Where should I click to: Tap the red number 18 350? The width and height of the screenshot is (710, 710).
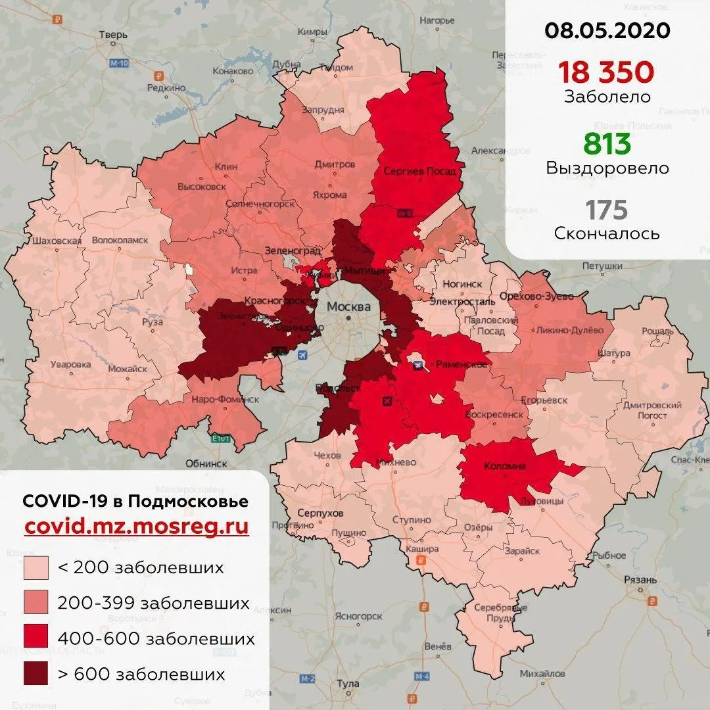tap(607, 71)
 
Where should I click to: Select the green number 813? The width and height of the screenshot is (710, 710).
tap(607, 143)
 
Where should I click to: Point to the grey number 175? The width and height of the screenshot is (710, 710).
tap(607, 210)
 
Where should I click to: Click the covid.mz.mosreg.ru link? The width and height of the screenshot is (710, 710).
tap(136, 527)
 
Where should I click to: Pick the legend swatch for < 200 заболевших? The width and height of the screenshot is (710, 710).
tap(35, 567)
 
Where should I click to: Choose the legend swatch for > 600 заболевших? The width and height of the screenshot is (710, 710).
tap(35, 674)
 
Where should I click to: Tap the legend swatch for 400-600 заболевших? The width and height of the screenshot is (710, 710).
tap(35, 638)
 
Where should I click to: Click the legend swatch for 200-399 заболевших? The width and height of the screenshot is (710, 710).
tap(35, 603)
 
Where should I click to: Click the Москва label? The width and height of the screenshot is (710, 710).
tap(348, 307)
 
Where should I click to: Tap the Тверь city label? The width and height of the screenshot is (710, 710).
tap(112, 35)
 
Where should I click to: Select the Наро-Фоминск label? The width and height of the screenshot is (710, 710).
tap(225, 399)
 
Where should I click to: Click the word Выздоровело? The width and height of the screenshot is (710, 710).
tap(607, 168)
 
